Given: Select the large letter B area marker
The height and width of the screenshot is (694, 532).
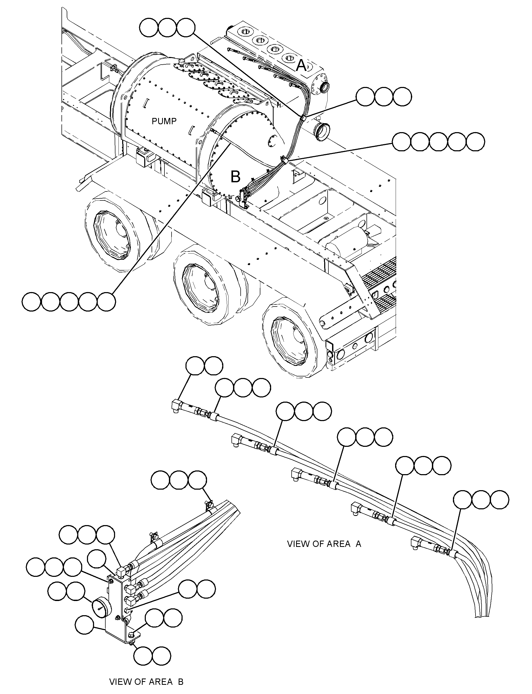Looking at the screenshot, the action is coord(235,177).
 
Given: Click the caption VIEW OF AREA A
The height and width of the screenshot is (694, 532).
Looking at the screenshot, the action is coord(324,544).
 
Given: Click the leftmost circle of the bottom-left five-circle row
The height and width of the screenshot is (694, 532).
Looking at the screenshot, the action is coord(31,302).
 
